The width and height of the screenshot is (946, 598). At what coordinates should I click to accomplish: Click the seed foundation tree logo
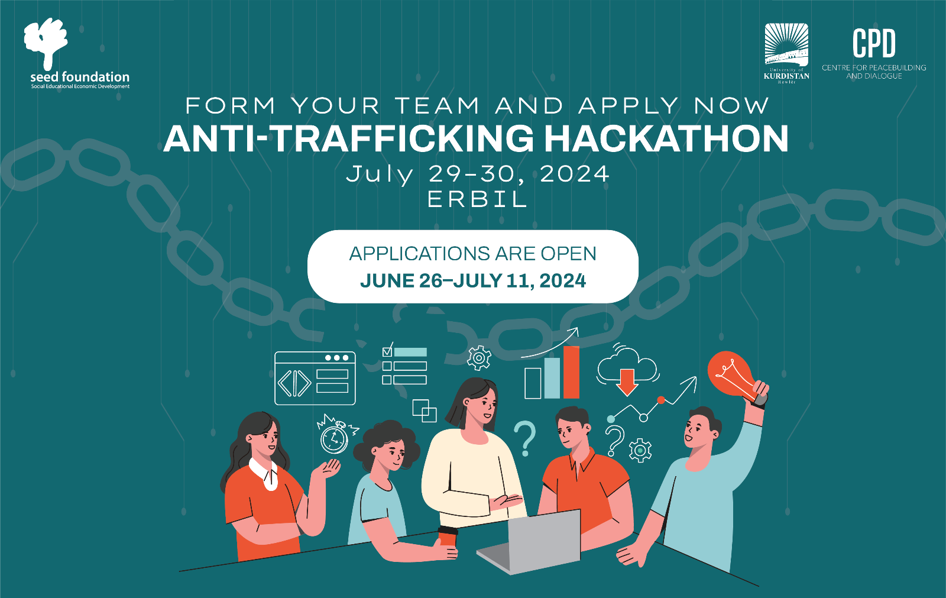[x=46, y=42]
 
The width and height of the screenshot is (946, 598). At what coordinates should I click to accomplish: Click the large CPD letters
[x=874, y=43]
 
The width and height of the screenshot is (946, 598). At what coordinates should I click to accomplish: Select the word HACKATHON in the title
[x=666, y=138]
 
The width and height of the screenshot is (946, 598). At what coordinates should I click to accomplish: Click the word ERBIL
[x=477, y=199]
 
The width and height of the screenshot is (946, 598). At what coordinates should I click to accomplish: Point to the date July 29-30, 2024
[x=478, y=174]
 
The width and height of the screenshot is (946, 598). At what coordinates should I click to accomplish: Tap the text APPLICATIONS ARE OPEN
[x=472, y=254]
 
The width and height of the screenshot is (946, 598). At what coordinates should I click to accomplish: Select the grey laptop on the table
[x=530, y=542]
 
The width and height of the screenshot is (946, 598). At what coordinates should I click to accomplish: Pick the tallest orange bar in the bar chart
[x=571, y=372]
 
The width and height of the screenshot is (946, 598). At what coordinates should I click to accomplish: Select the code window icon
[x=315, y=378]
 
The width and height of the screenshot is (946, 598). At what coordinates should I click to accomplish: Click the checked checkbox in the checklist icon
[x=387, y=351]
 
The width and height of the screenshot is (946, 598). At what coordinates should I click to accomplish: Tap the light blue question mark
[x=525, y=438]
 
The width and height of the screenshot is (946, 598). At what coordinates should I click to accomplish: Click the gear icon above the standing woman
[x=479, y=357]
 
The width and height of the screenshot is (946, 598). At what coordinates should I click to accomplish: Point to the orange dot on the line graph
[x=661, y=400]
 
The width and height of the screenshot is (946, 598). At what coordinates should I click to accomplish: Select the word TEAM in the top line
[x=438, y=106]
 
